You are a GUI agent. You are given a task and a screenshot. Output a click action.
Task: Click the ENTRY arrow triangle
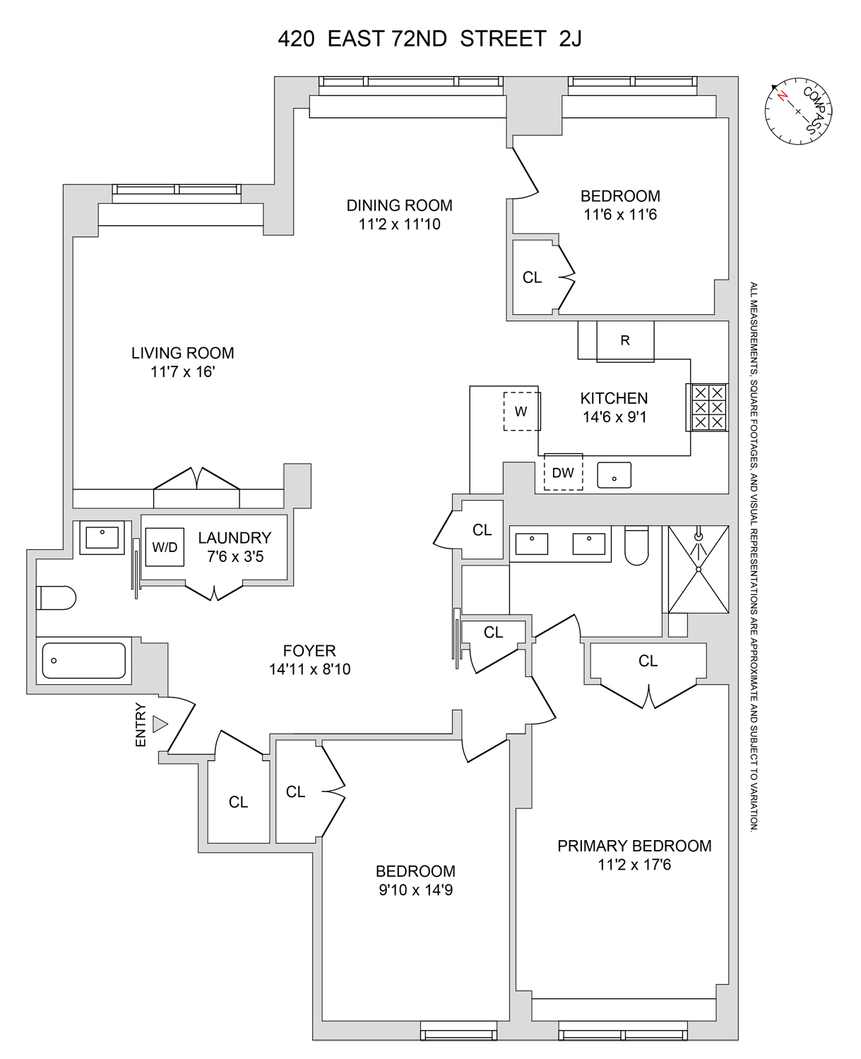pos(160,724)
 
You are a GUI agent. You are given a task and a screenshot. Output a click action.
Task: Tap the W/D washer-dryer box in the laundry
pos(165,546)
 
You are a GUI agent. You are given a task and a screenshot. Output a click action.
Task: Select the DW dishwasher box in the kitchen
pos(563,472)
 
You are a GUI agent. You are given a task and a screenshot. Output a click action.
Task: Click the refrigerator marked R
pos(625,341)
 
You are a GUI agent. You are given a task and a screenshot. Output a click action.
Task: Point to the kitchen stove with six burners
pos(707,407)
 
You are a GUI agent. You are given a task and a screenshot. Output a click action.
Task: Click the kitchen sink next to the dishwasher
pos(614,476)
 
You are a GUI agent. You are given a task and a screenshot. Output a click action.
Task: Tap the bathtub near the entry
pos(84,661)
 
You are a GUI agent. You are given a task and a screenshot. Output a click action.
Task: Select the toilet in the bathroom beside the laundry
pos(57,598)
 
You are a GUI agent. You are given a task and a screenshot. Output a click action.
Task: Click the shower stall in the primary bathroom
pos(699,569)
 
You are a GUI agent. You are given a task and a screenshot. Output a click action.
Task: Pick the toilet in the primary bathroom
pos(637,546)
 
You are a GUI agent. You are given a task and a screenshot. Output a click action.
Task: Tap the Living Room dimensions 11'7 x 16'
pos(182,371)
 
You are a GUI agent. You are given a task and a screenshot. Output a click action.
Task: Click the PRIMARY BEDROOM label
pos(634,846)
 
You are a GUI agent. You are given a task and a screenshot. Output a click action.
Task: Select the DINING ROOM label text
pos(399,205)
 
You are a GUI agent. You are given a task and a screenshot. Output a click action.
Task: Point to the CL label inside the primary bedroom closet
pos(648,661)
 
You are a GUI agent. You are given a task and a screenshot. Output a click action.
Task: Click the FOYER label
pos(309,651)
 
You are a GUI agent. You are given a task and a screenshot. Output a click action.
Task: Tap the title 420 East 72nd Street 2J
pos(429,39)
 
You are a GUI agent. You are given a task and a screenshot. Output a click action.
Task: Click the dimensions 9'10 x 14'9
pos(415,890)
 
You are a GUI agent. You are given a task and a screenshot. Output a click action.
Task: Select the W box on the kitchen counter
pos(521,412)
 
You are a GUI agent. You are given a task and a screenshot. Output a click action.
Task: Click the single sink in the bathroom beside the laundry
pos(102,537)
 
